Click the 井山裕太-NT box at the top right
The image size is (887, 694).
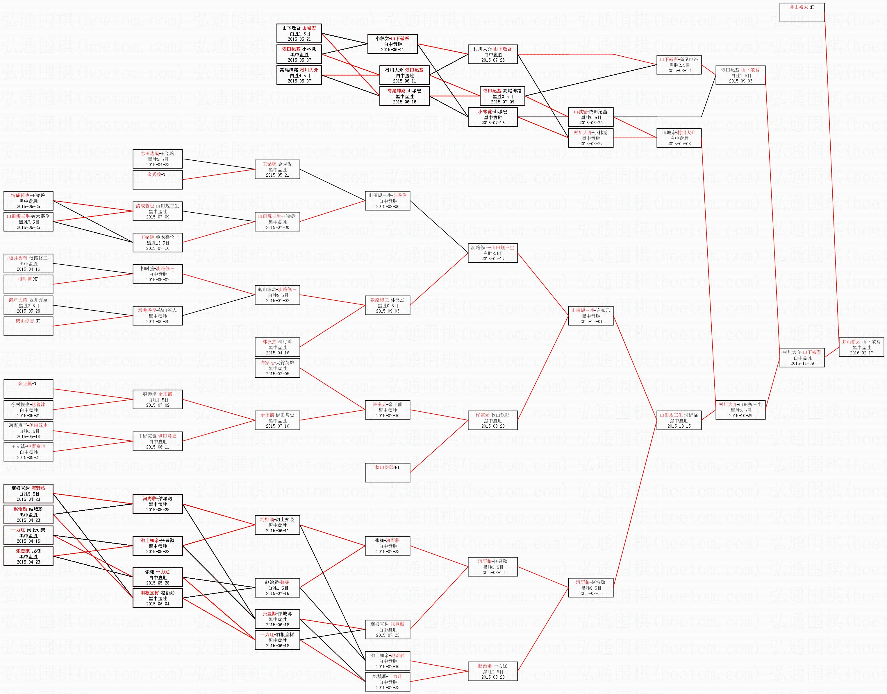(x=802, y=12)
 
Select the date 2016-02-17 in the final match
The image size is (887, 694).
(x=861, y=353)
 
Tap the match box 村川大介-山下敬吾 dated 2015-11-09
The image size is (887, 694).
(x=802, y=358)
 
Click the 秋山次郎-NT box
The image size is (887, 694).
(x=387, y=472)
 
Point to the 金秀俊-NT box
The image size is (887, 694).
(x=157, y=179)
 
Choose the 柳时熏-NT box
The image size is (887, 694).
(x=28, y=284)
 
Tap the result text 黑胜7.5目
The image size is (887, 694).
(x=28, y=222)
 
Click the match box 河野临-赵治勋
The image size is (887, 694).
(x=590, y=588)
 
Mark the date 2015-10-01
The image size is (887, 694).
(x=590, y=321)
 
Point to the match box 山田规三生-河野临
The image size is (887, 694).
(x=679, y=420)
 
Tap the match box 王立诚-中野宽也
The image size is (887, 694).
(x=28, y=451)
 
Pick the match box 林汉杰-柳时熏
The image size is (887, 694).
(x=277, y=347)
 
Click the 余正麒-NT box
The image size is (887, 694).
(x=28, y=388)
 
